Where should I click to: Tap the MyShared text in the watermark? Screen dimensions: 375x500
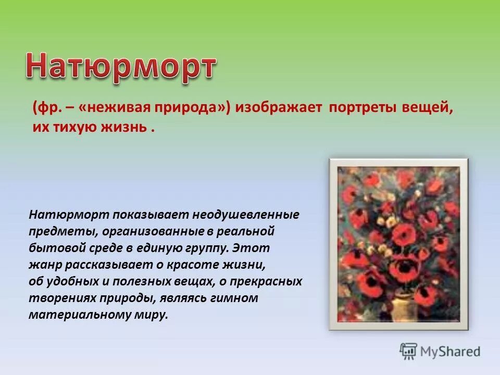click(451, 352)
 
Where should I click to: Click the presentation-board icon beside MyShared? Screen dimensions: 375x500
click(409, 351)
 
